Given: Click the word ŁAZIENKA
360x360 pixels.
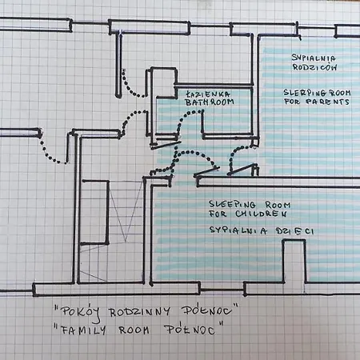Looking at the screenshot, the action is click(208, 94).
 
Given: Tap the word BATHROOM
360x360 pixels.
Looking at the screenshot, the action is click(210, 102).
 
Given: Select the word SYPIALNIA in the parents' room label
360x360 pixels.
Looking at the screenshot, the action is click(314, 58).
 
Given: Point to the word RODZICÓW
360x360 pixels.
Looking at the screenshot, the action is click(314, 67).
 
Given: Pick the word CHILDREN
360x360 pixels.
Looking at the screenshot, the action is click(261, 214).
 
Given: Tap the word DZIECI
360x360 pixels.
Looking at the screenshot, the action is click(295, 231).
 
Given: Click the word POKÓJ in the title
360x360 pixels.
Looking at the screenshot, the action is click(81, 313).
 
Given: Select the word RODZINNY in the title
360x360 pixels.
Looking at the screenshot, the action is click(139, 312).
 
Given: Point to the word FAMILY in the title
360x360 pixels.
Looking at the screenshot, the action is click(83, 330).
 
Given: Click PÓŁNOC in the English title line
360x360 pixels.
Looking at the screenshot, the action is click(190, 330).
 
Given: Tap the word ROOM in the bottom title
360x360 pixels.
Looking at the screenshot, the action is click(134, 330).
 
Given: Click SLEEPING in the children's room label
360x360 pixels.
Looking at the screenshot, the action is click(232, 205).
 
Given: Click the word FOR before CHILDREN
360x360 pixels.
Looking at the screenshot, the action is click(218, 214).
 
